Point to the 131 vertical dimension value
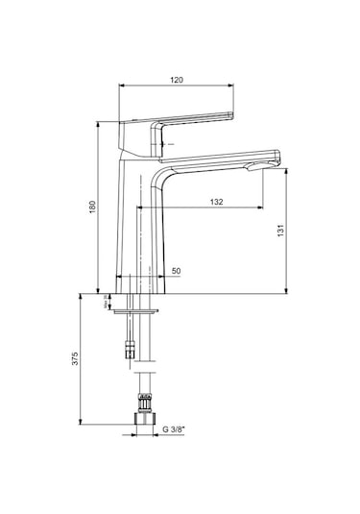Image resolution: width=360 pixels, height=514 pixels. click(298, 234)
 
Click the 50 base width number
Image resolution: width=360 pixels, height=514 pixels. click(176, 272)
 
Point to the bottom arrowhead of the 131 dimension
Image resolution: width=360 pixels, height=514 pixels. click(289, 290)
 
